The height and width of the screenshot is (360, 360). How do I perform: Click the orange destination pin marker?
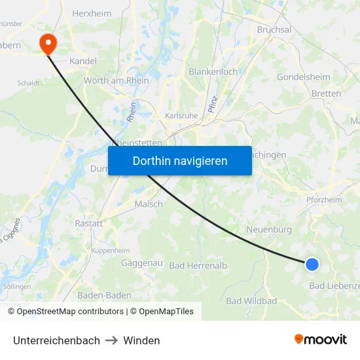(x=48, y=43)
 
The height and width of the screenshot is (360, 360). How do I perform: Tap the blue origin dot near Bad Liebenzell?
(x=312, y=264)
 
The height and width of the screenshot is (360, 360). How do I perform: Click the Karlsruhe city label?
(x=181, y=116)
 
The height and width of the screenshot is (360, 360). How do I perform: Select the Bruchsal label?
(x=274, y=29)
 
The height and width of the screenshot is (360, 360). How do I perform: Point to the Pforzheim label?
(x=323, y=200)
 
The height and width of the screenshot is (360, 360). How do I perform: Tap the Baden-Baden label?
(x=104, y=295)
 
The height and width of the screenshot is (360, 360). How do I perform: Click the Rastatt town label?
(x=89, y=223)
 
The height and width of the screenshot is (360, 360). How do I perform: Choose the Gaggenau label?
(x=141, y=262)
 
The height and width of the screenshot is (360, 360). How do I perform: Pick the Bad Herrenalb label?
(x=198, y=265)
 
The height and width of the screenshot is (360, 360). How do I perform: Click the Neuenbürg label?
(x=268, y=229)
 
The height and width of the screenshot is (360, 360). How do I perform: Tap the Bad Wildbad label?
(x=251, y=301)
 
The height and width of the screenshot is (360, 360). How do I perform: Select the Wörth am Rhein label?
(x=117, y=81)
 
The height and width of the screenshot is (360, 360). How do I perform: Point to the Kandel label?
(x=82, y=61)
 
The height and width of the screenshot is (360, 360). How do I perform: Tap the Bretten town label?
(x=326, y=94)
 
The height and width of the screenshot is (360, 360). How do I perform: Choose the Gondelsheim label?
(x=303, y=77)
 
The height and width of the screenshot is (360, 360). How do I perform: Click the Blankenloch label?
(x=213, y=71)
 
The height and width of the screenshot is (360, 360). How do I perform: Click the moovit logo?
(x=320, y=339)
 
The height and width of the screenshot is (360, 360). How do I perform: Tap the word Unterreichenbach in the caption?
(x=56, y=340)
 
